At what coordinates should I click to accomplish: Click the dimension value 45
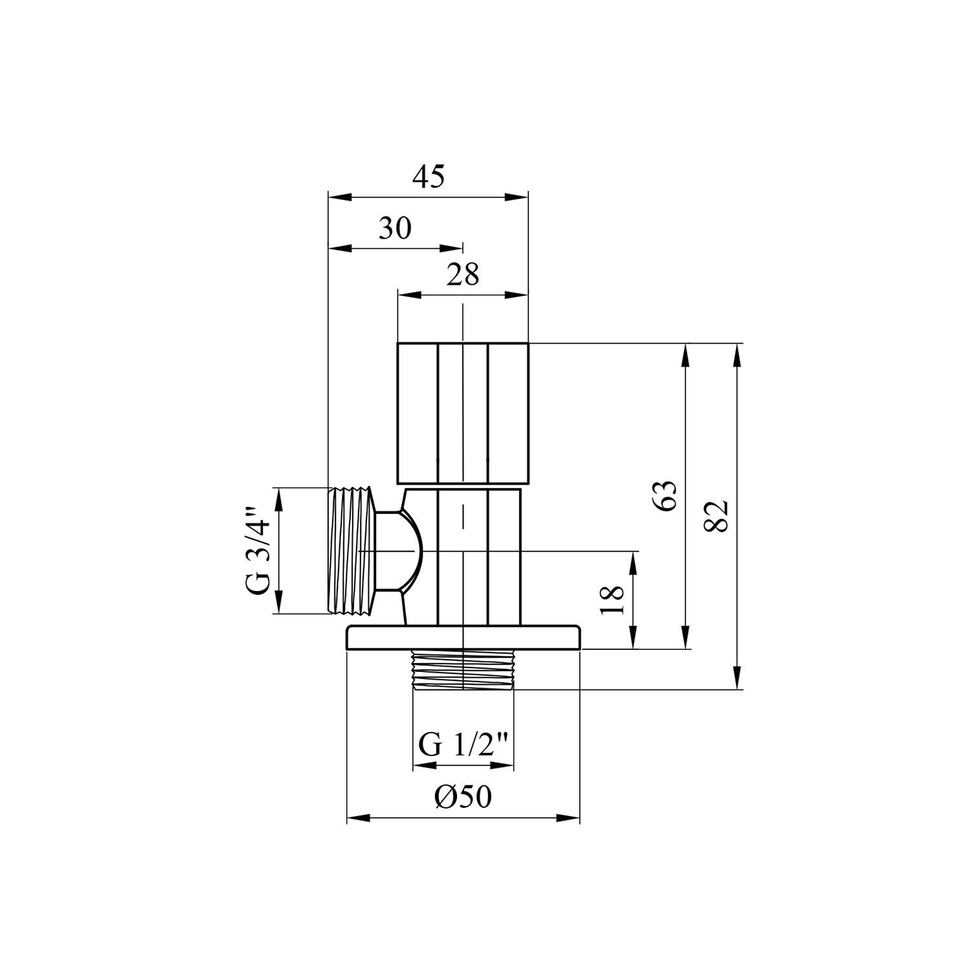point(429,176)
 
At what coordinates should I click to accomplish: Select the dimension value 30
point(395,228)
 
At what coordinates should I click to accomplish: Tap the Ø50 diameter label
point(463,797)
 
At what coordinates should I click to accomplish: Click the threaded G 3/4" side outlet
point(353,550)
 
